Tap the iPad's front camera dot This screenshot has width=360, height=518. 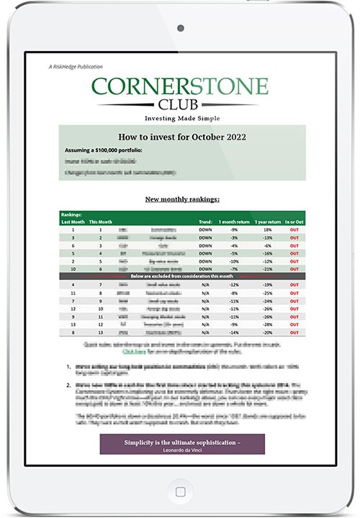[x=180, y=27]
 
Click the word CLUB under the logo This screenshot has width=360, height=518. [x=180, y=104]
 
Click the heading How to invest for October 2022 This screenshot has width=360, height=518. [x=181, y=136]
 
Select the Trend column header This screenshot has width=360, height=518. [x=205, y=222]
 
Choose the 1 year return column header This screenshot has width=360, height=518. [x=268, y=222]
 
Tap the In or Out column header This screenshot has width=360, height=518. [x=294, y=222]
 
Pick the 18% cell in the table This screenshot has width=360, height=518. [x=266, y=230]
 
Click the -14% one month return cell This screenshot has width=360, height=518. [x=233, y=332]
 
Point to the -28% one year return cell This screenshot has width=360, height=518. [x=266, y=324]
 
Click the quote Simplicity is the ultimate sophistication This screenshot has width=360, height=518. [x=181, y=440]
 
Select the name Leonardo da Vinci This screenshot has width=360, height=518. [x=181, y=448]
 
